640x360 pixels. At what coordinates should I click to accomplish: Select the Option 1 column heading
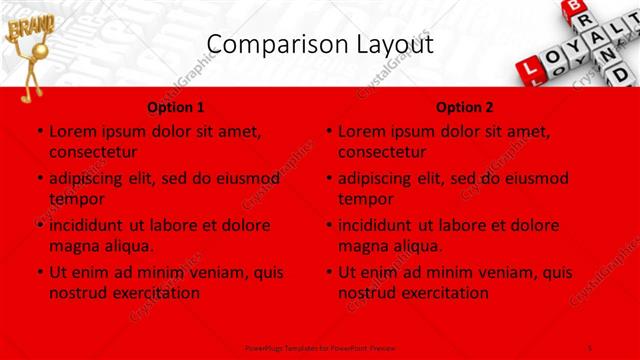pos(175,107)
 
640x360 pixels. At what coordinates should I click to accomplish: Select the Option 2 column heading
pos(465,107)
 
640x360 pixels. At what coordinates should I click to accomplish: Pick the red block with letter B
pos(573,8)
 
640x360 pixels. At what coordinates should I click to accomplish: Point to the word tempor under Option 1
pos(77,199)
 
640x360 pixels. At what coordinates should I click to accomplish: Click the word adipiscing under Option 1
pos(93,179)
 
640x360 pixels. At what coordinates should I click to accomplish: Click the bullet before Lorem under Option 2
pos(329,131)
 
